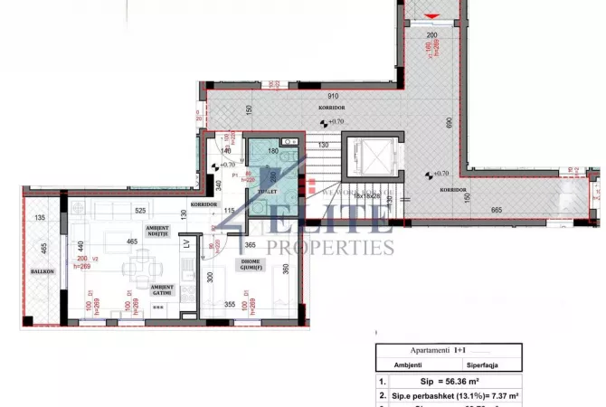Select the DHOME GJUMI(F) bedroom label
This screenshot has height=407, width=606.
pyautogui.click(x=247, y=264)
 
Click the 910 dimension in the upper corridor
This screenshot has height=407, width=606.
pyautogui.click(x=333, y=94)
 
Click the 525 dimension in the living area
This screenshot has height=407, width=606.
pyautogui.click(x=141, y=211)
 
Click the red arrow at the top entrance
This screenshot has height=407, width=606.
pyautogui.click(x=431, y=17)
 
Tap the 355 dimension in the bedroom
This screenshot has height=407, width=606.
pyautogui.click(x=232, y=304)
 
